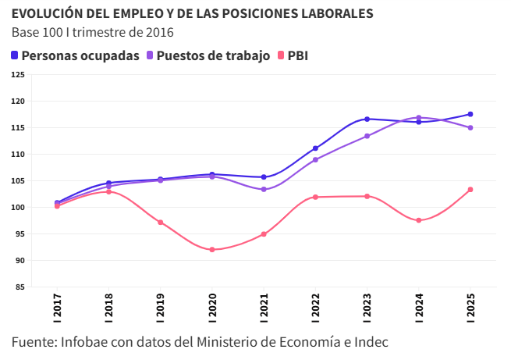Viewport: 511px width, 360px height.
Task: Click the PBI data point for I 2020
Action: point(212,250)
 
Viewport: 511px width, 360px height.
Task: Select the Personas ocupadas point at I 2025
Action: point(470,114)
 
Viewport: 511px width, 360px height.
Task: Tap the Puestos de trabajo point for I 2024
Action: point(419,117)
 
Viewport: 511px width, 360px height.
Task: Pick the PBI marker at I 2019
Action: point(161,223)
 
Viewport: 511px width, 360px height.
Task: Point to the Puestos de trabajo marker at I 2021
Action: point(264,190)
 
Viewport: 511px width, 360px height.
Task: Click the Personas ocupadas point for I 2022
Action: point(315,148)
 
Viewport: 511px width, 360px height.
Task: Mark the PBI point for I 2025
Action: point(470,190)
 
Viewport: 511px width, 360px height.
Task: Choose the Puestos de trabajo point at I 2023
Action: point(367,136)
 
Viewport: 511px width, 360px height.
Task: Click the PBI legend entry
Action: point(293,55)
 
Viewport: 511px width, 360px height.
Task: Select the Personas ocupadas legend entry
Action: point(75,55)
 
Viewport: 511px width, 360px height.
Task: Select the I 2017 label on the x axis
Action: point(58,308)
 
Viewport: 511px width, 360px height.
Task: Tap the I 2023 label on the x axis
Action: point(367,308)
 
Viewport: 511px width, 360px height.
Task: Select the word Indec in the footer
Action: point(371,342)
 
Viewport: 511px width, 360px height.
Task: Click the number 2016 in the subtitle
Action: point(158,32)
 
